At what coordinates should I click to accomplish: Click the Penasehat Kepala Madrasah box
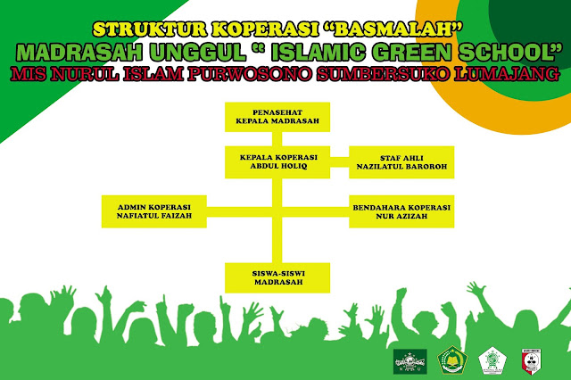[x=277, y=115]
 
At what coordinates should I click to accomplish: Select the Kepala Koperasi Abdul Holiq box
[x=277, y=161]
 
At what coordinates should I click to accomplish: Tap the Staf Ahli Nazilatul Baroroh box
[x=401, y=161]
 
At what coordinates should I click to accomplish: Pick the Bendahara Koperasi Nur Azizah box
[x=401, y=211]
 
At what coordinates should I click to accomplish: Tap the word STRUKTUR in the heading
[x=145, y=27]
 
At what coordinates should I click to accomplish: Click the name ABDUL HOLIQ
[x=277, y=166]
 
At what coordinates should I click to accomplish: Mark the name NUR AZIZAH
[x=401, y=217]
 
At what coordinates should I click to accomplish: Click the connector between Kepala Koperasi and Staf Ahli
[x=340, y=161]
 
